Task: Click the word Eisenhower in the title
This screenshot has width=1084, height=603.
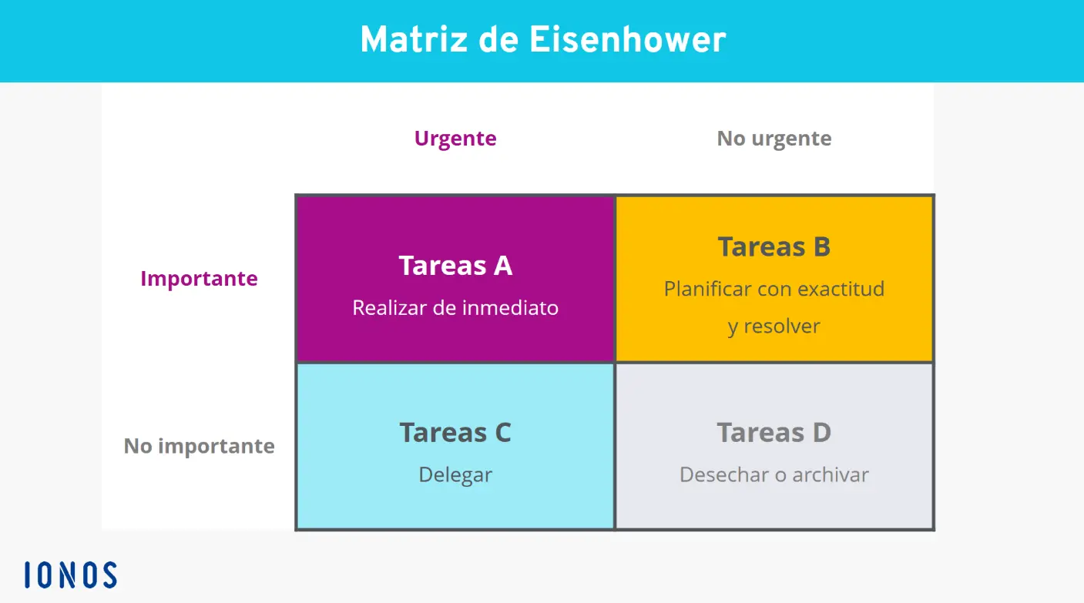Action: [x=628, y=40]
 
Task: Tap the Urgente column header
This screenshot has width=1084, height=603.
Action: [x=455, y=139]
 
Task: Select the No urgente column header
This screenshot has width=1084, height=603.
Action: [x=774, y=139]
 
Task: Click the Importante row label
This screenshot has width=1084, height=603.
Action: [x=199, y=279]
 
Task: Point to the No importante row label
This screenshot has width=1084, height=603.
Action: [x=199, y=447]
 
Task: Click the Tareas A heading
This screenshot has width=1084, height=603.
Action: [x=455, y=266]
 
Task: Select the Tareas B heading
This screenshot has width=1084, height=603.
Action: [x=774, y=247]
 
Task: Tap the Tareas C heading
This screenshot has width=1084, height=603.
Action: [x=455, y=433]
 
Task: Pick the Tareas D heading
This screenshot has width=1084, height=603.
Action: [x=774, y=433]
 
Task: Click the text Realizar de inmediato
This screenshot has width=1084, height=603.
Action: [x=455, y=308]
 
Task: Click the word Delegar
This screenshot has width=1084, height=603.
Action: [x=455, y=475]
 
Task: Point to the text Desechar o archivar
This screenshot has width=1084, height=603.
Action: [x=774, y=475]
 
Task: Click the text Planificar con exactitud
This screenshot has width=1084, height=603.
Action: [x=774, y=290]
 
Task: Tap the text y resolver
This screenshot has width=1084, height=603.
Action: [x=774, y=327]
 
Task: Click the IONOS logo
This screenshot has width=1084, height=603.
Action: [x=70, y=575]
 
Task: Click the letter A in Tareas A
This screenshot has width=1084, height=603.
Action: [x=502, y=266]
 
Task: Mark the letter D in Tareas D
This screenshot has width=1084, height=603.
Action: [x=821, y=433]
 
